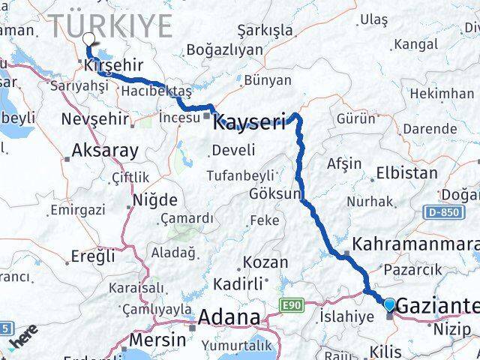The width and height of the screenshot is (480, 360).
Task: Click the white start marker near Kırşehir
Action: click(x=89, y=40)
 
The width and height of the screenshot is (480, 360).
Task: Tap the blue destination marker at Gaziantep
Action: click(x=389, y=304)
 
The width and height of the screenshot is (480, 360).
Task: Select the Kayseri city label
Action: click(x=250, y=121)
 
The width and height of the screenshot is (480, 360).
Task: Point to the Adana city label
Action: click(x=228, y=316)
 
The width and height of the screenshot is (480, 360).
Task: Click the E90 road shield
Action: click(x=292, y=304)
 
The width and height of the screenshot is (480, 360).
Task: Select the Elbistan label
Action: click(x=406, y=172)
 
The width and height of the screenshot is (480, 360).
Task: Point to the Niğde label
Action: click(x=154, y=200)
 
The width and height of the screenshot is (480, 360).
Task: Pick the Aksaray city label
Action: click(x=104, y=150)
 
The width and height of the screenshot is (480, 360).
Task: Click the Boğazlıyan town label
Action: click(x=224, y=49)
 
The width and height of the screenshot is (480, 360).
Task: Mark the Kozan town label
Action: click(x=265, y=262)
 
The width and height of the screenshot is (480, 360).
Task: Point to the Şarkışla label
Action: click(x=265, y=30)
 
